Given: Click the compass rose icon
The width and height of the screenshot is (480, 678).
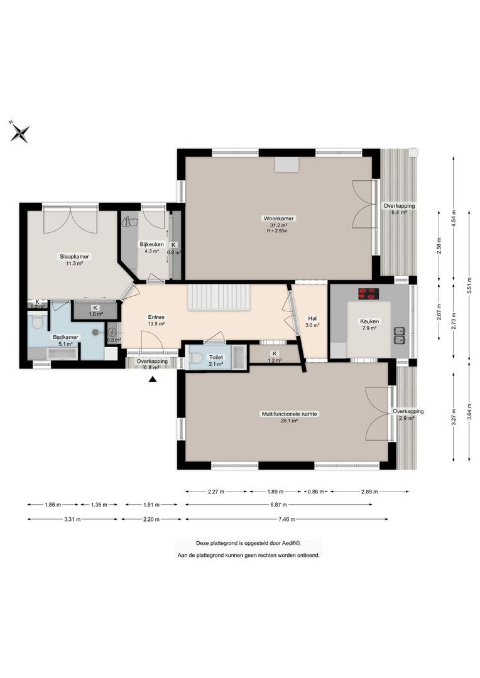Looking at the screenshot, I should pos(20,132).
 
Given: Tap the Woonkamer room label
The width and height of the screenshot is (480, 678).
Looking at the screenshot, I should pos(279,218).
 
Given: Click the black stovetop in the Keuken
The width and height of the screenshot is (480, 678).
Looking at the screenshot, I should pos(368,293).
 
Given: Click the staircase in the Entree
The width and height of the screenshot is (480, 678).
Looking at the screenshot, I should pos(219,296).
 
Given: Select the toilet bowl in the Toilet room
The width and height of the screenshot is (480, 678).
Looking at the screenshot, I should pos(197,358).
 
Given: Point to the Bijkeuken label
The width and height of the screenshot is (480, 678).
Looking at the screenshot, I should pos(152,245).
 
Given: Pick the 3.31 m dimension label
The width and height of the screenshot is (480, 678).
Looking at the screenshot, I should pos(73,519).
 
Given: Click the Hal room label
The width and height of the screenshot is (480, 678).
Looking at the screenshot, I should pos(312,318).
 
